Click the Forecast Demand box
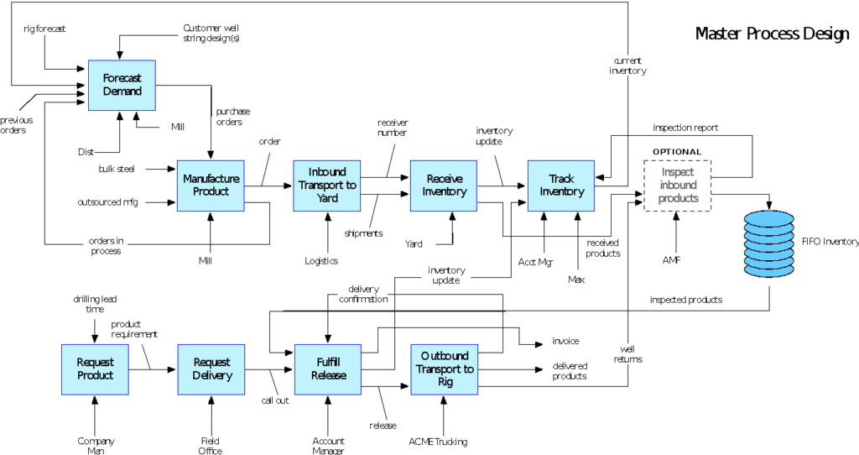(x=122, y=85)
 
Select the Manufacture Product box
(x=211, y=186)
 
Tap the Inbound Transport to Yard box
(x=327, y=186)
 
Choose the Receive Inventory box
(x=444, y=186)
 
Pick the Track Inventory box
(x=561, y=186)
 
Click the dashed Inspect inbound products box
(x=678, y=186)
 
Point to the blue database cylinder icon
(x=768, y=243)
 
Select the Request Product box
(x=95, y=369)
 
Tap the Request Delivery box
(x=211, y=369)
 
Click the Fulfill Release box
(x=328, y=369)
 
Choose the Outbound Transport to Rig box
(x=445, y=369)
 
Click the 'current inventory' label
(x=627, y=65)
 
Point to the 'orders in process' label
(x=106, y=246)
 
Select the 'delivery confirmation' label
(x=363, y=294)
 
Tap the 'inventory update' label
(x=446, y=275)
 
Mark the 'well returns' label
(x=627, y=354)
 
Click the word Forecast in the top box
(x=122, y=78)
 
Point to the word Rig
(x=445, y=382)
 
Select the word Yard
(x=327, y=198)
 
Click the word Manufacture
(x=211, y=179)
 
